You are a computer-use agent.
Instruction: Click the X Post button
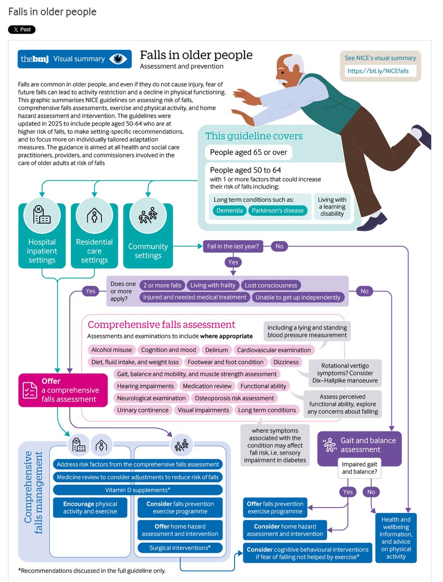point(22,30)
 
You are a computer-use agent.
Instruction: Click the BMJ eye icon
point(118,59)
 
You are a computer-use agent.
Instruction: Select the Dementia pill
point(230,210)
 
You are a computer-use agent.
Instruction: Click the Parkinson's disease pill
point(278,210)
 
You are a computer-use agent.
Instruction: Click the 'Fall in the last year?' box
point(233,246)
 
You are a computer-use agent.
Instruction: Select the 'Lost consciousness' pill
point(271,285)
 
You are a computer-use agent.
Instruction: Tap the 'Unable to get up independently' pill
point(298,297)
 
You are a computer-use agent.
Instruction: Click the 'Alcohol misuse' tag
point(111,350)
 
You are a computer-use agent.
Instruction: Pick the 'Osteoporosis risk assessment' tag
point(234,398)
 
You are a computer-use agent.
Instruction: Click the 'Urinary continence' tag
point(142,410)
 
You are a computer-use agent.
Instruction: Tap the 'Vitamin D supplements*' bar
point(138,490)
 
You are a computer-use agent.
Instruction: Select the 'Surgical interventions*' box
point(180,548)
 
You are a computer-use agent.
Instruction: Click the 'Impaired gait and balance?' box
point(359,468)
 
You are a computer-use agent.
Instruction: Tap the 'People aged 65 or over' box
point(248,152)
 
